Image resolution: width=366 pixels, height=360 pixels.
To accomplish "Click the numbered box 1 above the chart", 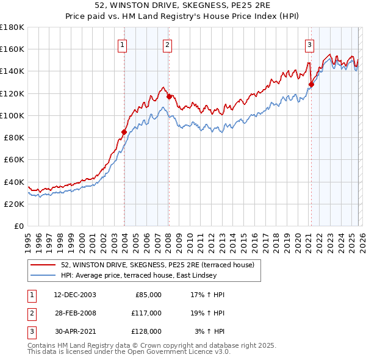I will coord(123,44).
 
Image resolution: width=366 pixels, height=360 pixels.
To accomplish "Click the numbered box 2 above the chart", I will coord(167,44).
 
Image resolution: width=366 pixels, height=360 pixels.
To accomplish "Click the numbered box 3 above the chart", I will coord(309,44).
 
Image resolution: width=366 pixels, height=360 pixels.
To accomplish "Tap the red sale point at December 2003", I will coord(124,132).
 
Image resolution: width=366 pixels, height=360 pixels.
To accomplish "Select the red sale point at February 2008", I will coord(169,96).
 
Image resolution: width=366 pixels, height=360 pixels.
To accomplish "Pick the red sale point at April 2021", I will coord(311,85).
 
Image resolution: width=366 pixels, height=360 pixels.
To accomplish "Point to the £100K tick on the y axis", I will coord(12,115).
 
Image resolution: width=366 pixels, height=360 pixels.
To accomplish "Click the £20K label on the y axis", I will coord(13,204).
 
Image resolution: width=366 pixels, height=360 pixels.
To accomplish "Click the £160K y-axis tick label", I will coord(12,49).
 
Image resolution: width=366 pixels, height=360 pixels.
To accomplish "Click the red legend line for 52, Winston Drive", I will coord(43,265).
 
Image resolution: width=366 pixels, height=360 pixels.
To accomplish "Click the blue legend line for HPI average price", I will coord(43,276).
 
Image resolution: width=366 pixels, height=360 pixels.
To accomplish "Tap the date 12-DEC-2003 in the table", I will coord(75,295).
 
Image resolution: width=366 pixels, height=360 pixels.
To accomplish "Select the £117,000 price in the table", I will coord(146,313).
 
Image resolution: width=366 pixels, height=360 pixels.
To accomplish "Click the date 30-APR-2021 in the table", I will coord(75,331).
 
